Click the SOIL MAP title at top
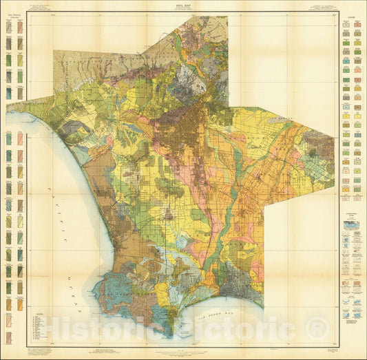pyautogui.click(x=183, y=4)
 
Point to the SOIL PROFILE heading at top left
pyautogui.click(x=14, y=17)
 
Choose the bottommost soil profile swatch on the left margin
pyautogui.click(x=9, y=338)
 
